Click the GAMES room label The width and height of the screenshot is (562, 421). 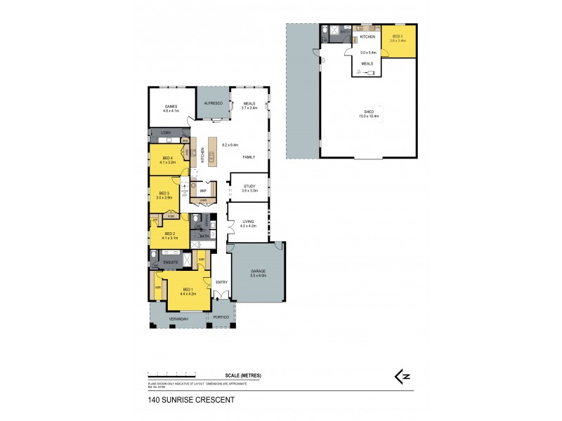(171, 107)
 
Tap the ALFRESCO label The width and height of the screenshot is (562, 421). (213, 103)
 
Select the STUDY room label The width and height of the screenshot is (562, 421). (249, 186)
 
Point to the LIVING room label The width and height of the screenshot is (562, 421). (249, 222)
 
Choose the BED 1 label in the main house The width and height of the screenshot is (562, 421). (187, 290)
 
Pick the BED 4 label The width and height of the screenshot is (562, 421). (167, 158)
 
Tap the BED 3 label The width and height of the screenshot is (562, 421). (164, 194)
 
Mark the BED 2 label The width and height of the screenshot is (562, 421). (169, 234)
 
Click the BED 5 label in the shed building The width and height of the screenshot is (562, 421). (398, 36)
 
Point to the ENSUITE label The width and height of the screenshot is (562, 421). (170, 262)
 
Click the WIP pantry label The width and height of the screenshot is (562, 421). (202, 190)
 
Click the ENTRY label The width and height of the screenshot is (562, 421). (221, 282)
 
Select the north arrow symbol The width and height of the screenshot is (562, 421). (403, 377)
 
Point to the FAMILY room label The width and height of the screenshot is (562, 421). (249, 157)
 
